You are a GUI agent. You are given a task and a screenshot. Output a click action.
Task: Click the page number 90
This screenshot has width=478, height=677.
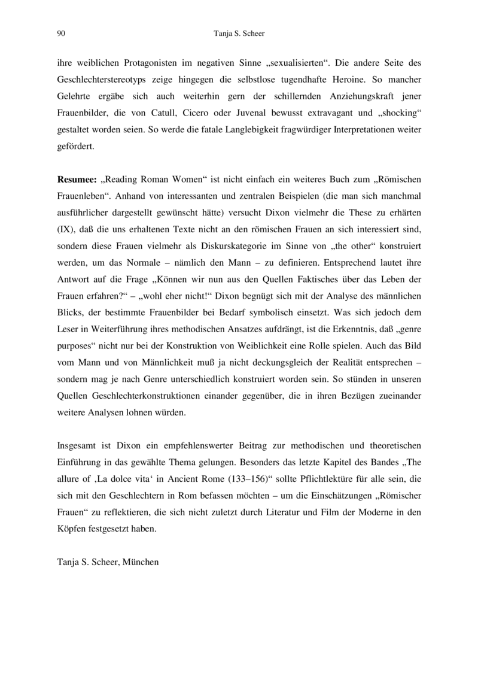pos(61,34)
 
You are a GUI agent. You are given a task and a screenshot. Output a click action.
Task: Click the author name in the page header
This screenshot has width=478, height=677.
pos(239,34)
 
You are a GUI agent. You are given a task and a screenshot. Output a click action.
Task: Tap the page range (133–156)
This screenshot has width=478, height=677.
pos(249,463)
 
